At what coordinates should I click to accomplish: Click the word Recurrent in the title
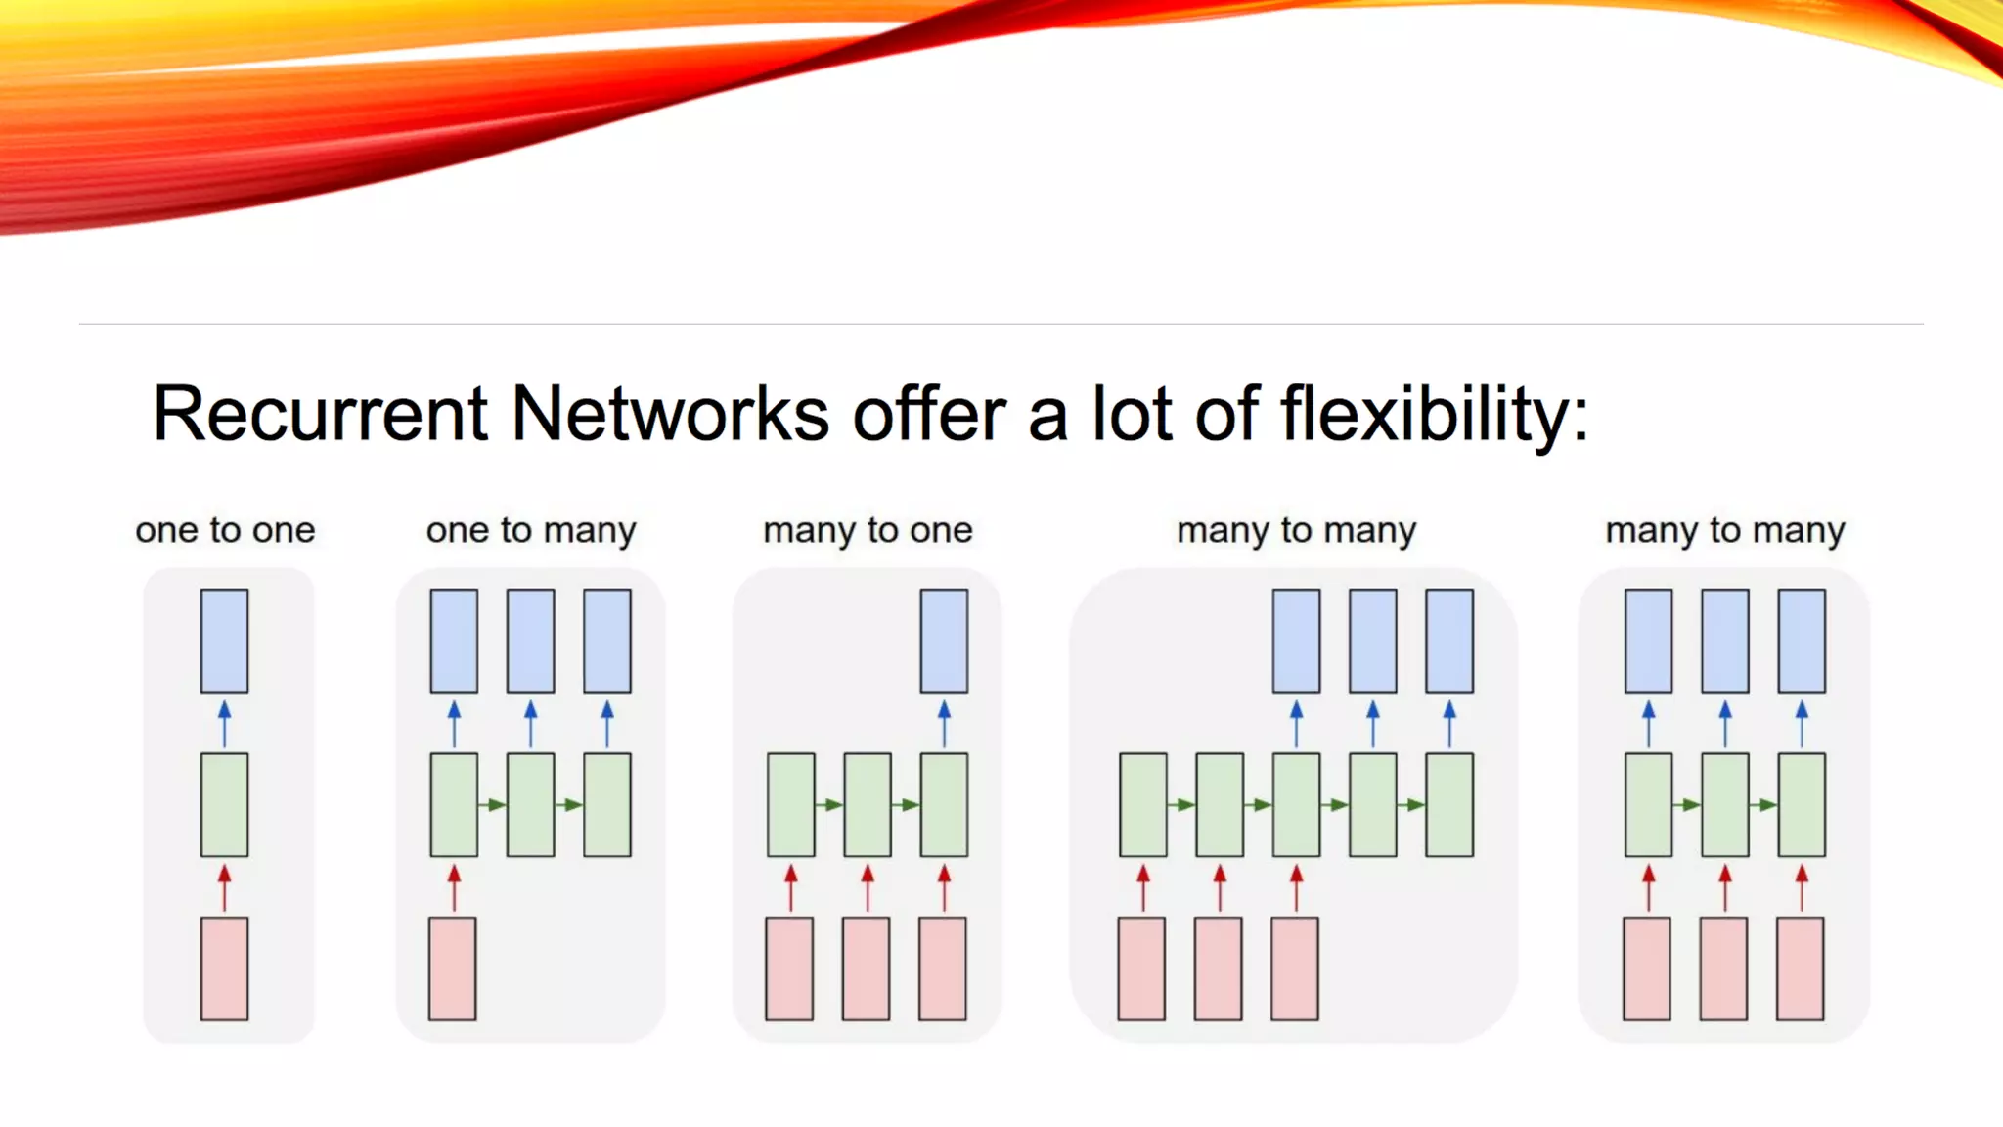tap(320, 414)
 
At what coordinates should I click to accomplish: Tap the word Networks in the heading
tap(670, 414)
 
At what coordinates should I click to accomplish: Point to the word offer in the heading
tap(929, 414)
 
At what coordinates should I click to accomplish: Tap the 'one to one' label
tap(225, 530)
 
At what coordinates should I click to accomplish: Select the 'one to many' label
tap(531, 530)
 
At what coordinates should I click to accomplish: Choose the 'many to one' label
tap(868, 530)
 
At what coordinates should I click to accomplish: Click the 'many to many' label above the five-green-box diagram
tap(1296, 530)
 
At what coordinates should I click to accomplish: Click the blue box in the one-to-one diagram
tap(224, 641)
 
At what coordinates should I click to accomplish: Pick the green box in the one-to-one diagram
tap(224, 804)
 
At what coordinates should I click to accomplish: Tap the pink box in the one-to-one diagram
tap(224, 969)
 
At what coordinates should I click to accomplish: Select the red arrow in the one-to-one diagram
tap(224, 887)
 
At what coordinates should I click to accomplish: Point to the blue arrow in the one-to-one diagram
tap(224, 723)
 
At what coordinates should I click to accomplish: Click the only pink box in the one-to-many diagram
tap(452, 969)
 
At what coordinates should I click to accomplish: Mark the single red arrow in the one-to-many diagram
tap(454, 887)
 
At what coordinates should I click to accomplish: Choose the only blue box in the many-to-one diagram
tap(944, 641)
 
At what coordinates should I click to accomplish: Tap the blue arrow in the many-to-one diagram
tap(944, 723)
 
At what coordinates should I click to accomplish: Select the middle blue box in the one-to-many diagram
tap(530, 641)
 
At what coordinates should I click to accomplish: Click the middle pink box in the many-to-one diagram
tap(866, 969)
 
